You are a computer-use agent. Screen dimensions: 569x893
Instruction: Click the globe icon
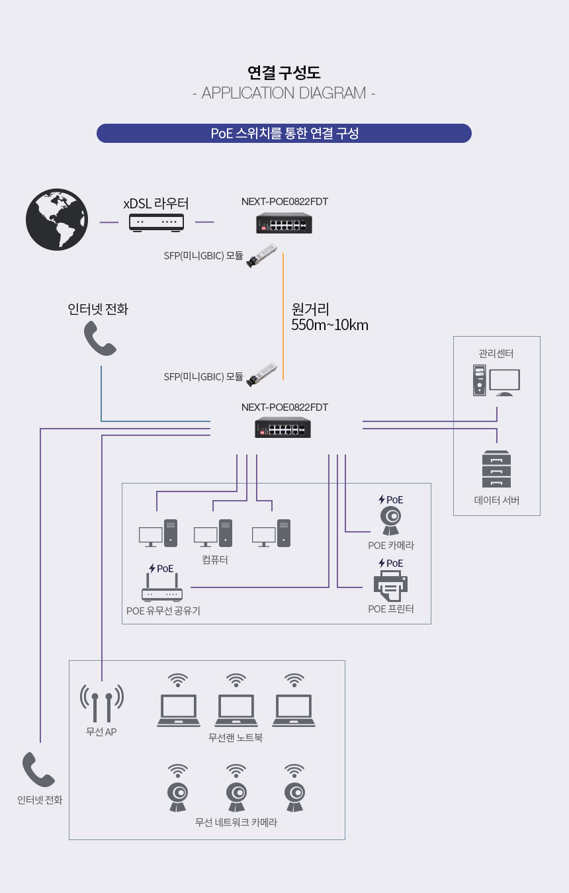(57, 220)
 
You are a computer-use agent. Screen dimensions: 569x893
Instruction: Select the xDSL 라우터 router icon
(156, 222)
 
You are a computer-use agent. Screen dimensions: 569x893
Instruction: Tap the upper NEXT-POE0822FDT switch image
(284, 223)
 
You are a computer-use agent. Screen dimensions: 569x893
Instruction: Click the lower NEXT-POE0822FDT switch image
(283, 427)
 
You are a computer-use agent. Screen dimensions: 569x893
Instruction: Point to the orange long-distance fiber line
(283, 317)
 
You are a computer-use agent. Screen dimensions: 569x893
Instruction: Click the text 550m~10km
(329, 325)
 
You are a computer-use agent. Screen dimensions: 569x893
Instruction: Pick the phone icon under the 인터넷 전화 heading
(100, 338)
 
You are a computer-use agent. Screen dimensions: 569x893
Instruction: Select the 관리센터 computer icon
(496, 380)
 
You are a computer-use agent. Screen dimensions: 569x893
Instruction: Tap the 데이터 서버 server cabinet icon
(496, 469)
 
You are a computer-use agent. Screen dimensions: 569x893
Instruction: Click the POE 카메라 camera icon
(391, 521)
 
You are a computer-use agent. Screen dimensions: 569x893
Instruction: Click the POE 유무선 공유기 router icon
(162, 587)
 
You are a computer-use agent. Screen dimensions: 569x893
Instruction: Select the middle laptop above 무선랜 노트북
(236, 710)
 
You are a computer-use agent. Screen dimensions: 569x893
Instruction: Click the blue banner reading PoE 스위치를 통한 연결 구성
(284, 133)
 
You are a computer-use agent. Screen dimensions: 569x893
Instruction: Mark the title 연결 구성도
(284, 72)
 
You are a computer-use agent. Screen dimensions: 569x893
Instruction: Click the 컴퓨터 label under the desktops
(215, 560)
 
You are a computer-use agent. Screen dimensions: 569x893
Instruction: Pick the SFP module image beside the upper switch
(261, 255)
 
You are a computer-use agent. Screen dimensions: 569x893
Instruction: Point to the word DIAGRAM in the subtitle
(332, 93)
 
